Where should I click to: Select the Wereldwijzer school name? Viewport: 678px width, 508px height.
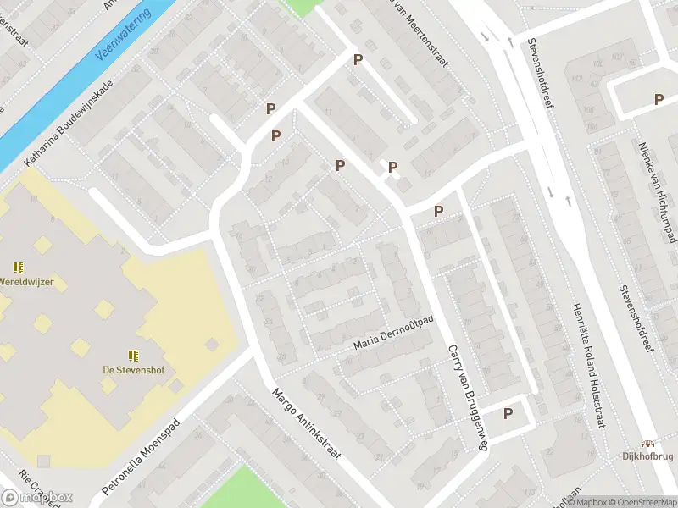[x=20, y=282]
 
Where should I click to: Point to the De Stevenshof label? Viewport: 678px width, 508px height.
[x=133, y=369]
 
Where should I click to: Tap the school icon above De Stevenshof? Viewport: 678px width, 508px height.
[x=133, y=355]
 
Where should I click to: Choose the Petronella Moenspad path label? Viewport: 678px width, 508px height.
[x=141, y=456]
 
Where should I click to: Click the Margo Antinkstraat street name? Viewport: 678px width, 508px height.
[x=306, y=424]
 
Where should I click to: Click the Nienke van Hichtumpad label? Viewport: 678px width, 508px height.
[x=658, y=188]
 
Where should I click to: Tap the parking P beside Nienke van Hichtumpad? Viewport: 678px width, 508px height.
[x=659, y=99]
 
